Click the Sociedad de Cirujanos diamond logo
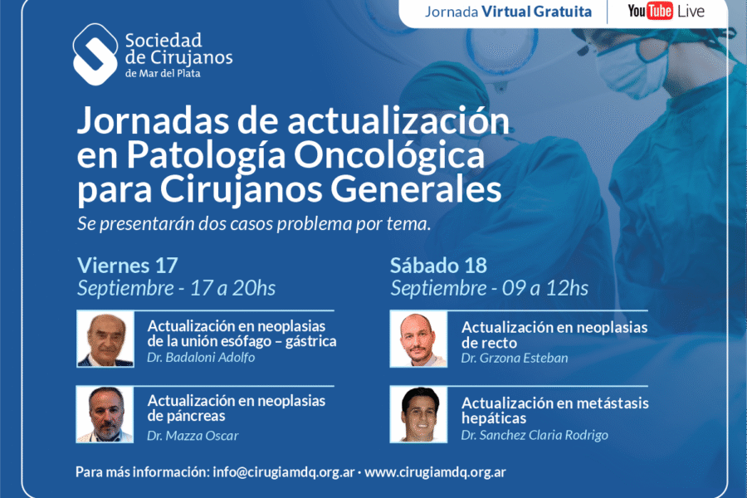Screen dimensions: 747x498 tap(95, 54)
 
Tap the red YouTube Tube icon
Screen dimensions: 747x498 tap(659, 11)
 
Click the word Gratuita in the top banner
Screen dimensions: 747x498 tap(563, 12)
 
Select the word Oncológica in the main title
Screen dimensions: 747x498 tap(388, 155)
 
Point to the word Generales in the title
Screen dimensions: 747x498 tap(416, 190)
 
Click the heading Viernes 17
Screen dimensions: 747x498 tap(128, 266)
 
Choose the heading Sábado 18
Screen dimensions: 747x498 tap(438, 266)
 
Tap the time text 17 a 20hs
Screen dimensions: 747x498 tap(233, 288)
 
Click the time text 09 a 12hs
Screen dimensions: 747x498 tap(545, 288)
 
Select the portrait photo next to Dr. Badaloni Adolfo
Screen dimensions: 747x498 tap(105, 339)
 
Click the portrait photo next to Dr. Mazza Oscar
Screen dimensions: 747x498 tap(105, 415)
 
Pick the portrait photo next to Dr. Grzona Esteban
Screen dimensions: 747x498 tap(418, 339)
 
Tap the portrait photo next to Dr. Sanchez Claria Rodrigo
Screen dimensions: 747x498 tap(418, 415)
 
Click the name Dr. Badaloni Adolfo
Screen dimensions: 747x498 tap(201, 358)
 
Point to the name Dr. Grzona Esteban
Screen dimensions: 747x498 tap(515, 358)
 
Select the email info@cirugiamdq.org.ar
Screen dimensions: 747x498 tap(284, 471)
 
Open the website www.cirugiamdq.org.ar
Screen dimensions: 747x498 tap(435, 471)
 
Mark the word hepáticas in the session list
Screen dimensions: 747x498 tap(494, 418)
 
